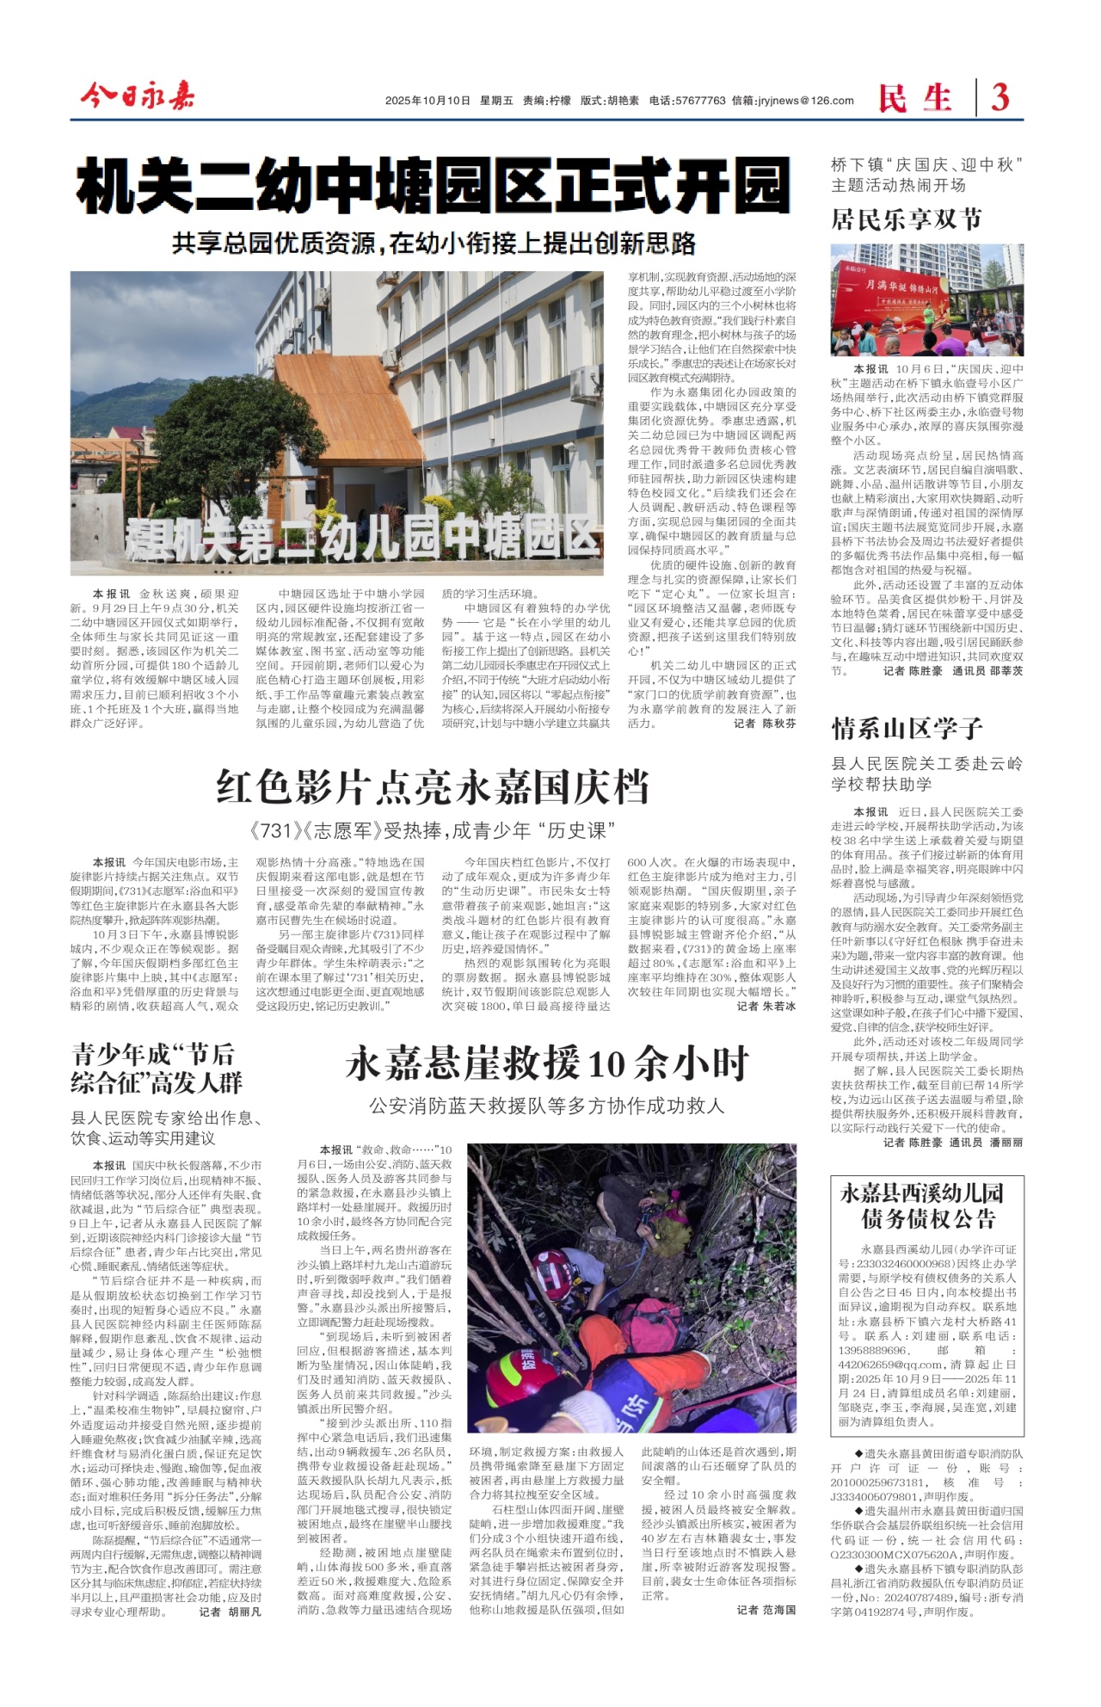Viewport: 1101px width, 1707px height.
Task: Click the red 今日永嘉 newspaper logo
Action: click(x=138, y=96)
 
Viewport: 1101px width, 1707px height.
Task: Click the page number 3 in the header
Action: click(x=1000, y=97)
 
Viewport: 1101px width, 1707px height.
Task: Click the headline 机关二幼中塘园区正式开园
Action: click(x=433, y=188)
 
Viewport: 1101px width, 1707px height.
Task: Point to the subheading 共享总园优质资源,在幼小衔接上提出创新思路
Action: click(x=433, y=243)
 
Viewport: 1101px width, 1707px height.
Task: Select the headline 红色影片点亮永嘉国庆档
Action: click(x=433, y=786)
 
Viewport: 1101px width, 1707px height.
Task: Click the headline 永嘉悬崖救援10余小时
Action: click(x=547, y=1064)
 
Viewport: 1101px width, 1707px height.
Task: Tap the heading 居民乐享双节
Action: click(x=906, y=219)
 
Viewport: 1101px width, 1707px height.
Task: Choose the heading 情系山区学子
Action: click(x=907, y=729)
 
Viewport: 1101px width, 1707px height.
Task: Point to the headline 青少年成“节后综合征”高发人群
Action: click(x=157, y=1068)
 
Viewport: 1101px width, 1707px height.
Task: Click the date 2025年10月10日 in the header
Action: click(x=427, y=101)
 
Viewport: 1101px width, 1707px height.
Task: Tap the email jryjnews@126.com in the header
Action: click(x=805, y=101)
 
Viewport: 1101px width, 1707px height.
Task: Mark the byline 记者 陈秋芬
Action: click(x=765, y=724)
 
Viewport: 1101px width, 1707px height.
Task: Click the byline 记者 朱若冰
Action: click(x=766, y=1006)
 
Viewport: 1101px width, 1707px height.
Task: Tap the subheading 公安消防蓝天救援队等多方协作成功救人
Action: click(x=547, y=1106)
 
